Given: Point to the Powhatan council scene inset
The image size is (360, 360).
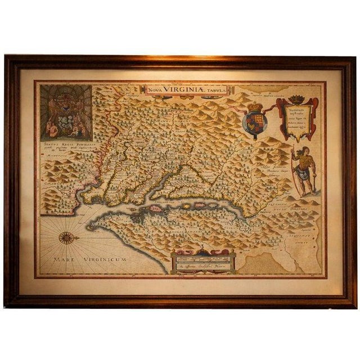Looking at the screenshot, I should (66, 112).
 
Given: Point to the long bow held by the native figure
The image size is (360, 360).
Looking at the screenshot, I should (294, 169).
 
